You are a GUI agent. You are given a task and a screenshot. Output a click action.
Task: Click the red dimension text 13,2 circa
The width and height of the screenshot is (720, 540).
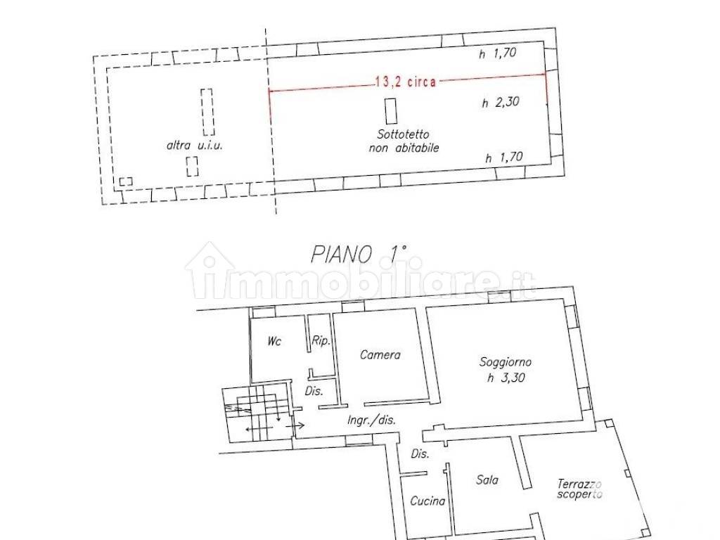pos(406,82)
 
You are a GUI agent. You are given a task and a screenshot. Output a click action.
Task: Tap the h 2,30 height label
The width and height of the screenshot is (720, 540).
pos(500,103)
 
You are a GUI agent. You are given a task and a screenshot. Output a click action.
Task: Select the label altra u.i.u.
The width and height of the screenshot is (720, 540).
pos(194,146)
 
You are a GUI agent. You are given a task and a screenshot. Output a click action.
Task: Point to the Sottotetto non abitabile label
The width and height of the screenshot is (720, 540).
pos(404,141)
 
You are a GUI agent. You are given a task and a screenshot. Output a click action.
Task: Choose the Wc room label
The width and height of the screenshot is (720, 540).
pos(274,341)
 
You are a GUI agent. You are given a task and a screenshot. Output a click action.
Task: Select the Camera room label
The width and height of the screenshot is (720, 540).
pos(380,355)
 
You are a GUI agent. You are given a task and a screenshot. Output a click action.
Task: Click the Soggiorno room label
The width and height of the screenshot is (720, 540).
pos(505,363)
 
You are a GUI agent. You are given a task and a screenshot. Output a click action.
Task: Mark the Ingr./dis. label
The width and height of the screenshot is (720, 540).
pos(371,420)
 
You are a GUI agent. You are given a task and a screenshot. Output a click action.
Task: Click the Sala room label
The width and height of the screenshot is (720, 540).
pos(487,480)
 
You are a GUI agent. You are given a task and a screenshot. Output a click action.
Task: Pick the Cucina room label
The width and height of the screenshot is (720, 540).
pos(427,501)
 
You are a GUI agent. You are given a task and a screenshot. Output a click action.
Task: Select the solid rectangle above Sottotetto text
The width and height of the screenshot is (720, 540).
pos(390,111)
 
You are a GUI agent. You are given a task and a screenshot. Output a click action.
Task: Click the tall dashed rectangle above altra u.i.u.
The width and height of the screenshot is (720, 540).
pos(207,112)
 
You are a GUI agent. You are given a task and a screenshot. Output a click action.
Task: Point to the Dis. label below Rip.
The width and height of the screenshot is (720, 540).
pos(313,391)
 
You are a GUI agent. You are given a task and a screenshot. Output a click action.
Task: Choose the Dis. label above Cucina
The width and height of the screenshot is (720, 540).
pos(420,454)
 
